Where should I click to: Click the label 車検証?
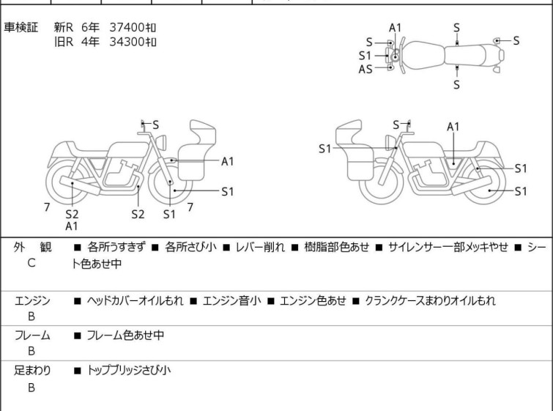pyautogui.click(x=21, y=27)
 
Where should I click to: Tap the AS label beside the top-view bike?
pyautogui.click(x=365, y=69)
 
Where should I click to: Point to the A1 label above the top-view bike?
pyautogui.click(x=396, y=28)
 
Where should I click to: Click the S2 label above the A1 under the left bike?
pyautogui.click(x=72, y=215)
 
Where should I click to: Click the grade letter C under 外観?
pyautogui.click(x=31, y=262)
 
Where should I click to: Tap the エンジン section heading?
pyautogui.click(x=32, y=300)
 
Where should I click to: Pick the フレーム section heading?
pyautogui.click(x=32, y=336)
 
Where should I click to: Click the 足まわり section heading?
pyautogui.click(x=32, y=371)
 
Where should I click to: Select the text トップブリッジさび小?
pyautogui.click(x=129, y=371)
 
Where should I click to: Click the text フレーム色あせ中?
pyautogui.click(x=125, y=336)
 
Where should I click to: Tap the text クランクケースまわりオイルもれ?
pyautogui.click(x=430, y=300)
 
